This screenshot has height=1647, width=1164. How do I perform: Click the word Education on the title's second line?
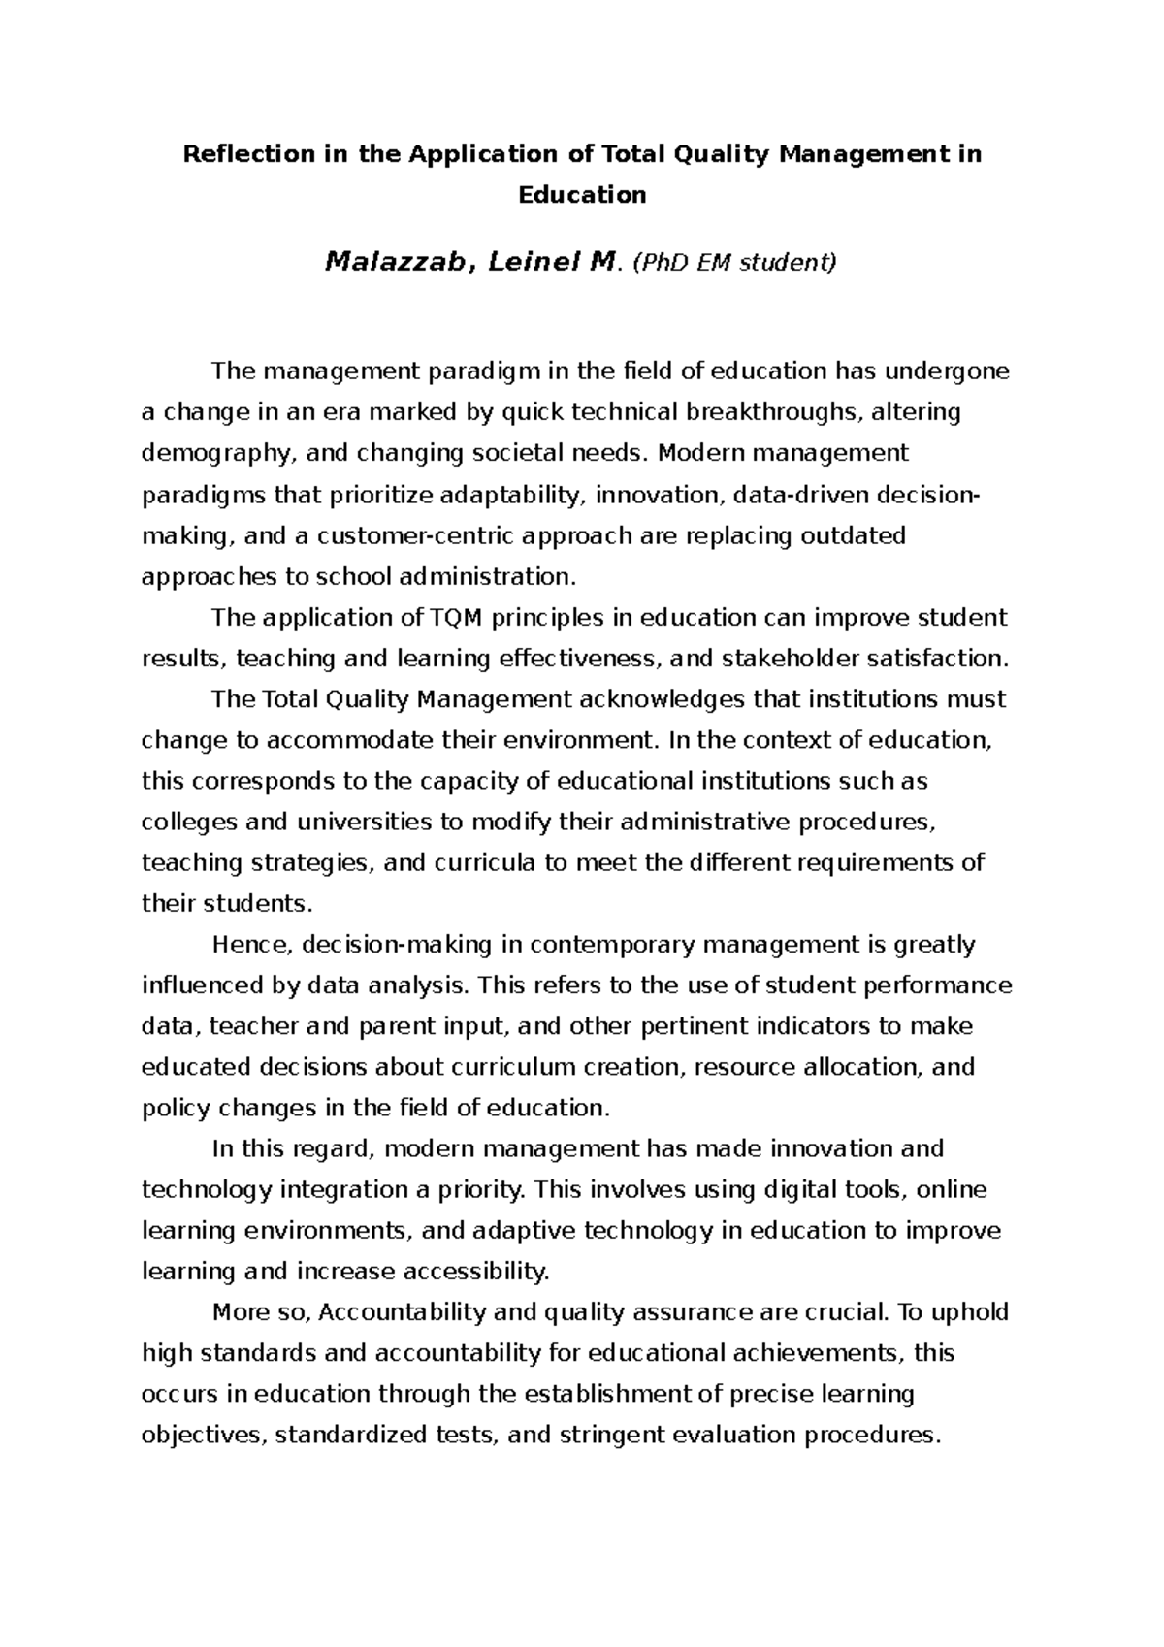click(x=582, y=195)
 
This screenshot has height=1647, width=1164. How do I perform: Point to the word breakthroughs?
click(x=772, y=412)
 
